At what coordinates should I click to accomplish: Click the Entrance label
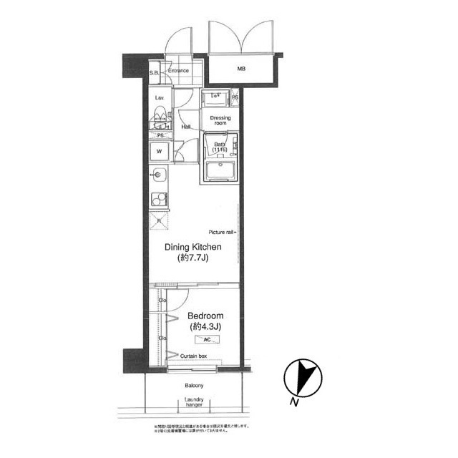point(178,71)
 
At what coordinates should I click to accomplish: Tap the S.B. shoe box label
point(154,73)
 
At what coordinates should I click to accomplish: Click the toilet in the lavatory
point(160,117)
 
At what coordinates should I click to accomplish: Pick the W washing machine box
point(160,152)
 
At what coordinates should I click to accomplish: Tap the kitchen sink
point(160,175)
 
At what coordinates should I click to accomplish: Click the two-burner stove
point(159,199)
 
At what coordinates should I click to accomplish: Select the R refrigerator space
point(159,220)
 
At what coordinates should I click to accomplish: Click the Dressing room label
point(220,120)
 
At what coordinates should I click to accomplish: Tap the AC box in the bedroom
point(207,341)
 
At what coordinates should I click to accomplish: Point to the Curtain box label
point(193,356)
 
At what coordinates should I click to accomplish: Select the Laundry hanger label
point(193,401)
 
